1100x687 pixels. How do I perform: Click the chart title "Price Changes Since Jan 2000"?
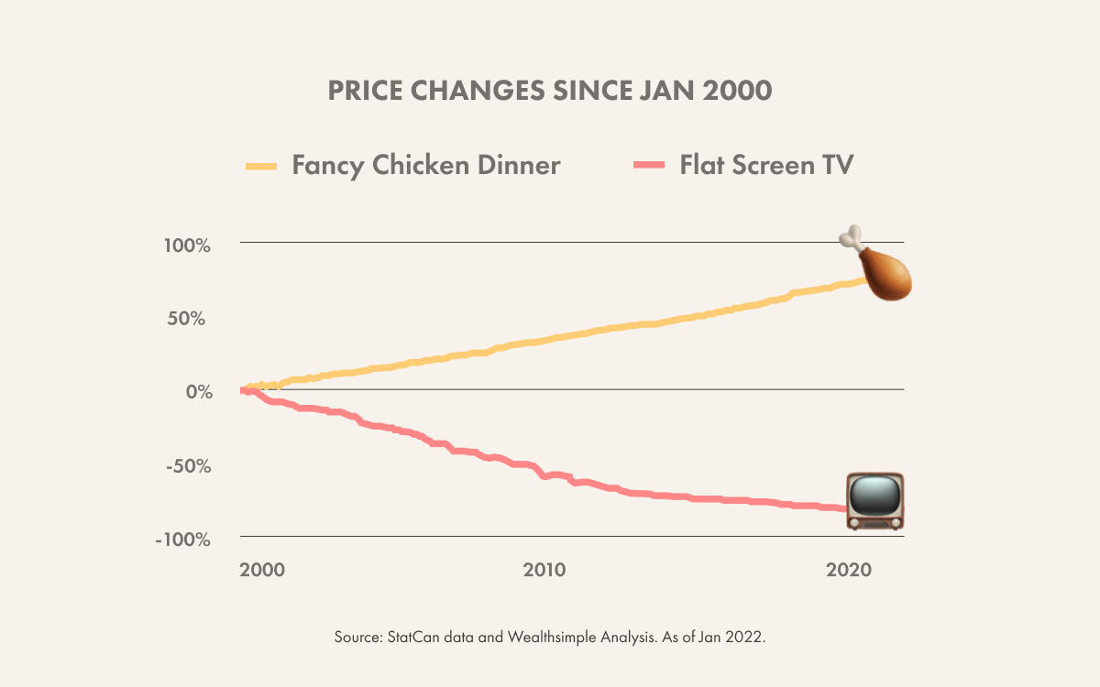click(550, 92)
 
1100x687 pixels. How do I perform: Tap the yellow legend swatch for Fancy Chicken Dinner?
click(260, 166)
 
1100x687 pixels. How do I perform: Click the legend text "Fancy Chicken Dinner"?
click(426, 166)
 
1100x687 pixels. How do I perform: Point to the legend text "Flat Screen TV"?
click(766, 166)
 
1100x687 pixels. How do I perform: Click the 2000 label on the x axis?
click(261, 569)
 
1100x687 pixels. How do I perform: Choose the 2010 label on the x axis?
click(544, 569)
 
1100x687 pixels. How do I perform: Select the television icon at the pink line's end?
click(874, 501)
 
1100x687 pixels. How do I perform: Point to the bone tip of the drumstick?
click(852, 234)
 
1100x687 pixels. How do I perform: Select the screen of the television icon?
click(874, 496)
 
